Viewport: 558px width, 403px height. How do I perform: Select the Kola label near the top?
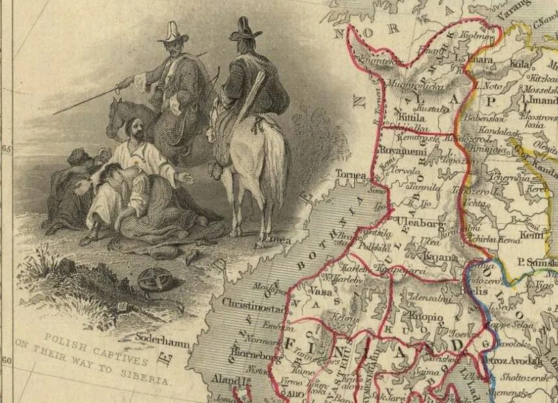coord(520,64)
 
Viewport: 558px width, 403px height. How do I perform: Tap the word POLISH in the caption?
coord(67,340)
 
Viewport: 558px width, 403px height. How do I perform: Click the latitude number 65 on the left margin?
coord(7,148)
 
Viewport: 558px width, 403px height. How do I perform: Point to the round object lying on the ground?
coord(154,280)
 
